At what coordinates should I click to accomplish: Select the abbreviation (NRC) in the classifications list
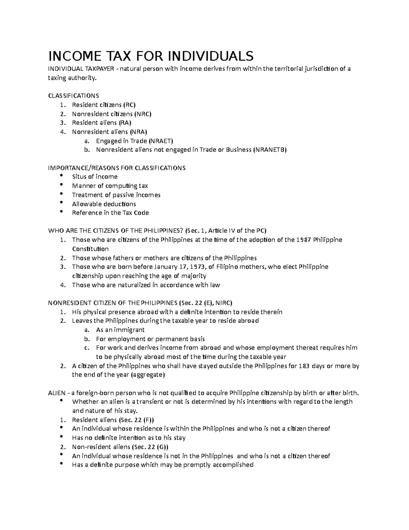[x=142, y=114]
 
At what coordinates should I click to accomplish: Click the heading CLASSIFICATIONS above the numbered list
[x=74, y=95]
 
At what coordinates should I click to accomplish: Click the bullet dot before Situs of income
[x=61, y=176]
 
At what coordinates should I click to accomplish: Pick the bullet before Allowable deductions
[x=61, y=203]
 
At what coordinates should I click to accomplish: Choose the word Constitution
[x=90, y=249]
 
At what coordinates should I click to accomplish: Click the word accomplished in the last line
[x=233, y=464]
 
